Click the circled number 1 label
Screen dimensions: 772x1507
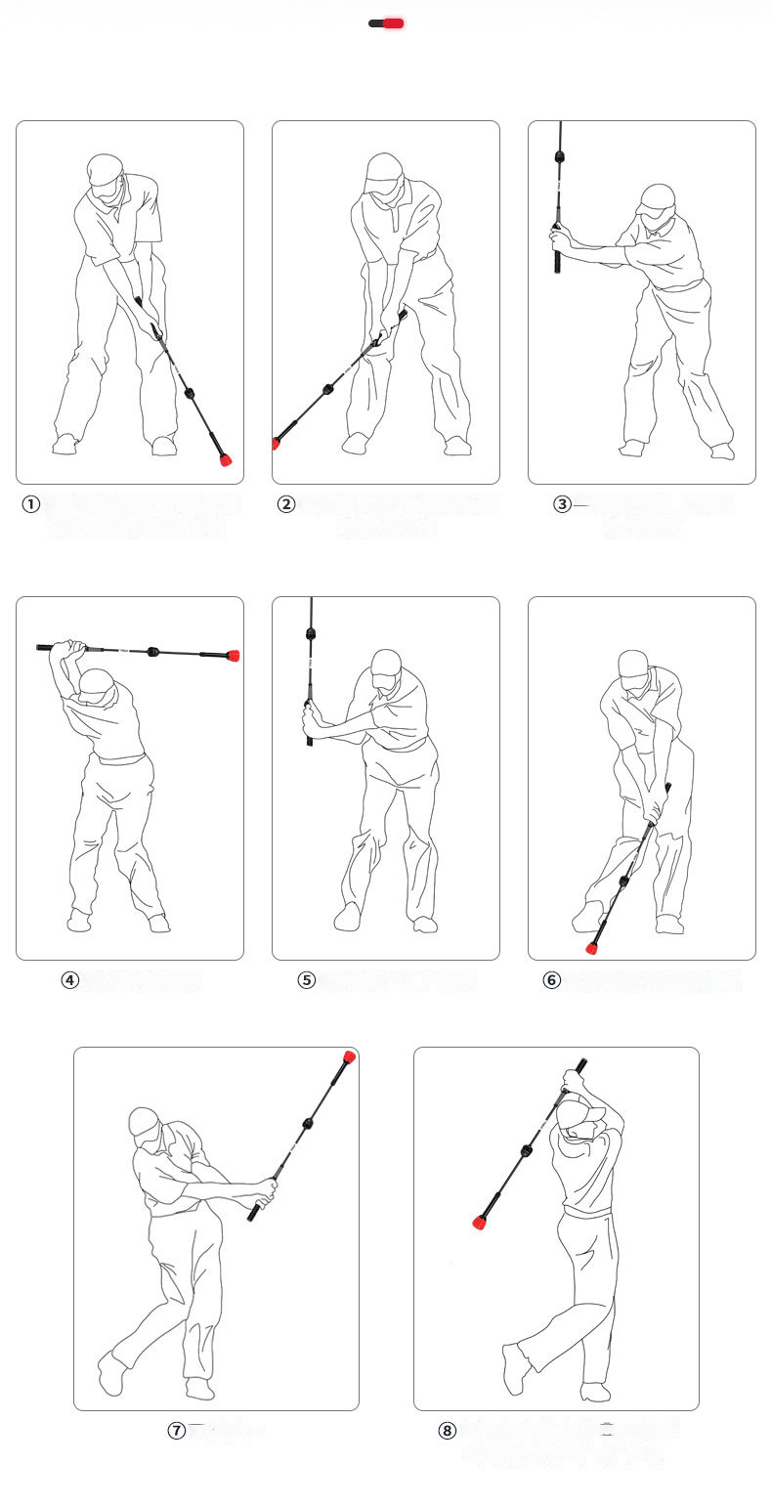coord(31,504)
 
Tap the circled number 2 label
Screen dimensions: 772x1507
coord(286,504)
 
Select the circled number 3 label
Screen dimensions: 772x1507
coord(562,504)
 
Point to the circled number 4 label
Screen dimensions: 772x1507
coord(70,980)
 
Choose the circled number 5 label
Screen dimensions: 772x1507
coord(307,980)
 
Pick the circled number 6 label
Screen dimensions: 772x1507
coord(551,980)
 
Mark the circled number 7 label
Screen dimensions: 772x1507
coord(176,1431)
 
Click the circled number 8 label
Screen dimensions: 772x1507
coord(448,1431)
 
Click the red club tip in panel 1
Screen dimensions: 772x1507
coord(226,460)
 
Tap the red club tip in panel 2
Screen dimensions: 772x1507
coord(276,443)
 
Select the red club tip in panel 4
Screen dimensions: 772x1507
coord(233,655)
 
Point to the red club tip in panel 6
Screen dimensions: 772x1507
coord(592,949)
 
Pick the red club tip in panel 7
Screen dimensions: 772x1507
coord(349,1055)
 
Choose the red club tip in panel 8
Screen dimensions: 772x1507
coord(480,1222)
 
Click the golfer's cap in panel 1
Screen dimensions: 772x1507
coord(105,169)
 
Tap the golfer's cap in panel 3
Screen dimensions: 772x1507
coord(656,199)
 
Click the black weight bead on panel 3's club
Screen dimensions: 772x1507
coord(560,157)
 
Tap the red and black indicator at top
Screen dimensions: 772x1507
coord(386,23)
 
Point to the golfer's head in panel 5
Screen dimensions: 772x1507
coord(387,668)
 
